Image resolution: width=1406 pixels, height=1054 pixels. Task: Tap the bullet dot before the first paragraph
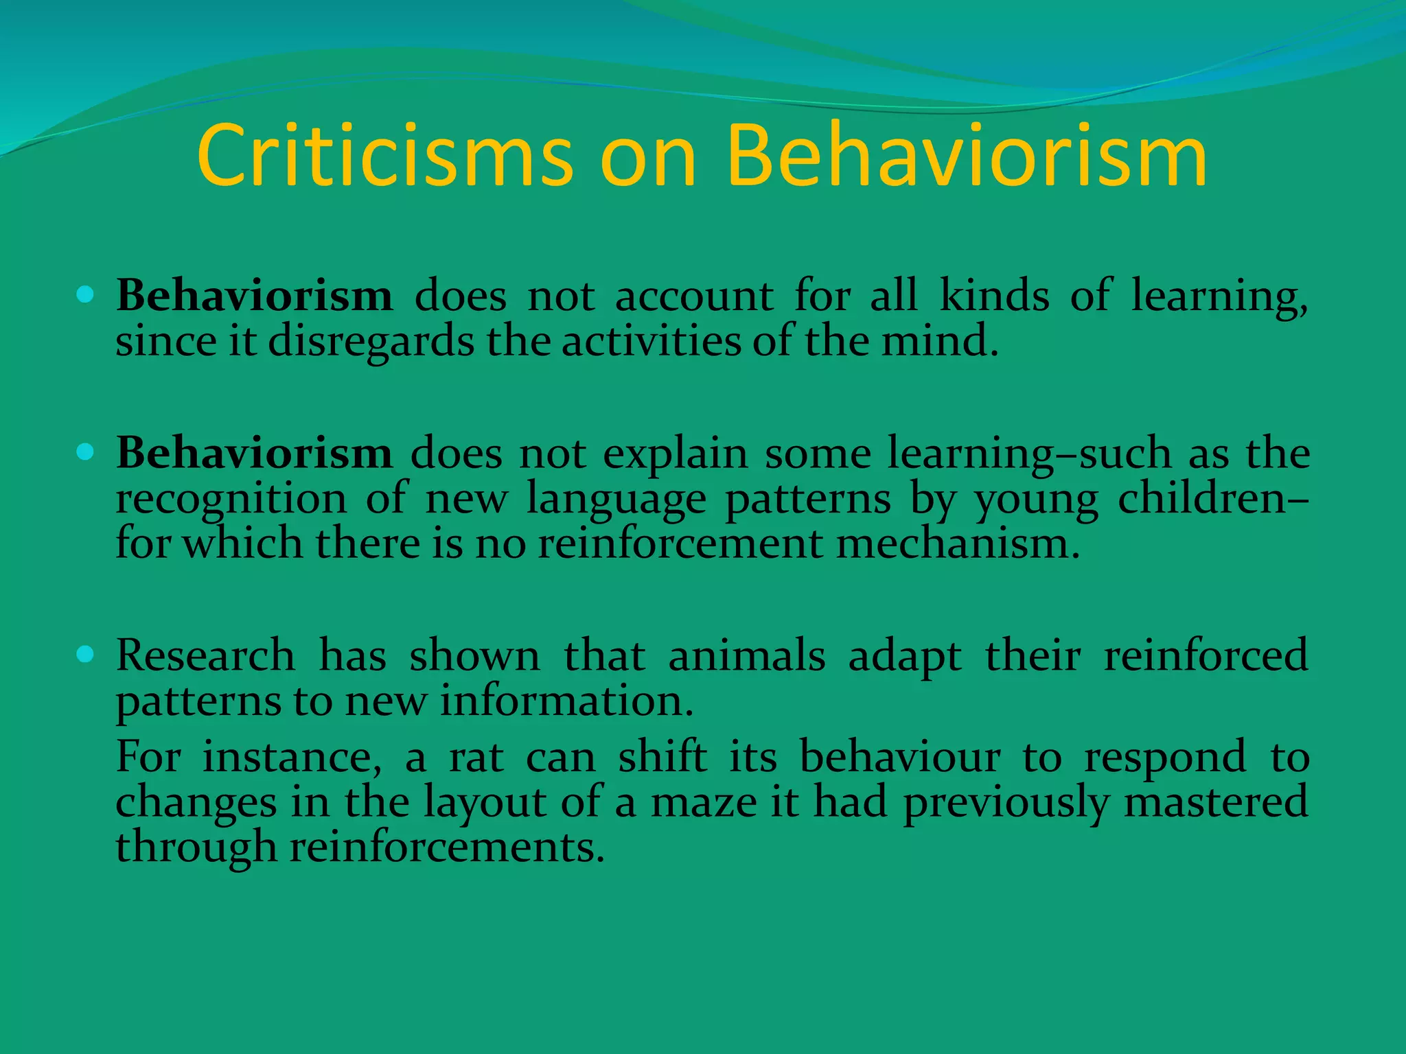pyautogui.click(x=85, y=296)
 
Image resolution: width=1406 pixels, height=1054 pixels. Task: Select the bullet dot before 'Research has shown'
pyautogui.click(x=85, y=654)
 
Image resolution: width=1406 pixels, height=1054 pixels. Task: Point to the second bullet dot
pyautogui.click(x=85, y=452)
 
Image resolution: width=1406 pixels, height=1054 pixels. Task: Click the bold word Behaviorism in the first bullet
pyautogui.click(x=254, y=296)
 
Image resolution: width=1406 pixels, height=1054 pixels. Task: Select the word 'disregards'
pyautogui.click(x=371, y=342)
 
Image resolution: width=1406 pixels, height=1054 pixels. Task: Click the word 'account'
pyautogui.click(x=693, y=297)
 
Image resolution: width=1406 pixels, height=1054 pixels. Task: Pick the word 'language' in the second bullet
pyautogui.click(x=616, y=500)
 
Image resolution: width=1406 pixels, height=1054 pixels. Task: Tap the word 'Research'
pyautogui.click(x=205, y=655)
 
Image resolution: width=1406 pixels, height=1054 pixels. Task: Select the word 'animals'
pyautogui.click(x=746, y=655)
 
